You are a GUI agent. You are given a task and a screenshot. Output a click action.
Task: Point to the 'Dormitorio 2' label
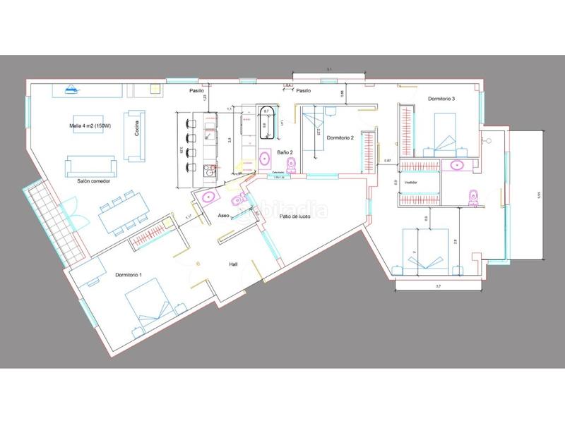pos(340,137)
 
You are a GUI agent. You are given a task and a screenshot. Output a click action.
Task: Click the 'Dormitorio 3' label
pos(441,99)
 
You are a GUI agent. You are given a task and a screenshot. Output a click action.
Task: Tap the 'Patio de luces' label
pos(295,217)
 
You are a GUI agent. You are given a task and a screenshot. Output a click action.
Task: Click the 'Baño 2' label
pos(285,152)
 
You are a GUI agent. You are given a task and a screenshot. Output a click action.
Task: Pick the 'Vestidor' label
pos(412,182)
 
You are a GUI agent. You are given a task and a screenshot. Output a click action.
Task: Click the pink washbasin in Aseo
pos(209,197)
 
